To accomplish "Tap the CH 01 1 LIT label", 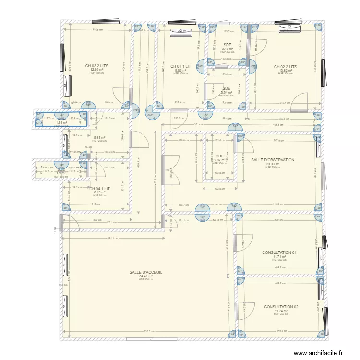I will point(180,66).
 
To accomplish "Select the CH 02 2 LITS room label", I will point(285,67).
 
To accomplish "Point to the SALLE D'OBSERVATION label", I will point(273,160).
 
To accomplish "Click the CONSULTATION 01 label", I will point(279,252).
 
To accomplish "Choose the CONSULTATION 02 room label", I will point(281,307).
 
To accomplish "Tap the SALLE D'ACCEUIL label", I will point(145,272).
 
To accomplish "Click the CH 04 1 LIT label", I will point(99,189).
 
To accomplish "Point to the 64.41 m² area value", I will point(145,276).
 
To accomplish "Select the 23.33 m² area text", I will point(272,164).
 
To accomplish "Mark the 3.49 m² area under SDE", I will point(227,48).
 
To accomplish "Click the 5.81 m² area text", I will point(99,138).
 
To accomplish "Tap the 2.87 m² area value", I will point(220,160).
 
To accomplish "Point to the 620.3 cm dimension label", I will point(148,331).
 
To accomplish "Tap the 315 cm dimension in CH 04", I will point(96,204).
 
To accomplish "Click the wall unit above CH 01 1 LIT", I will point(181,32).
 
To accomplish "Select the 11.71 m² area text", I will point(279,256).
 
